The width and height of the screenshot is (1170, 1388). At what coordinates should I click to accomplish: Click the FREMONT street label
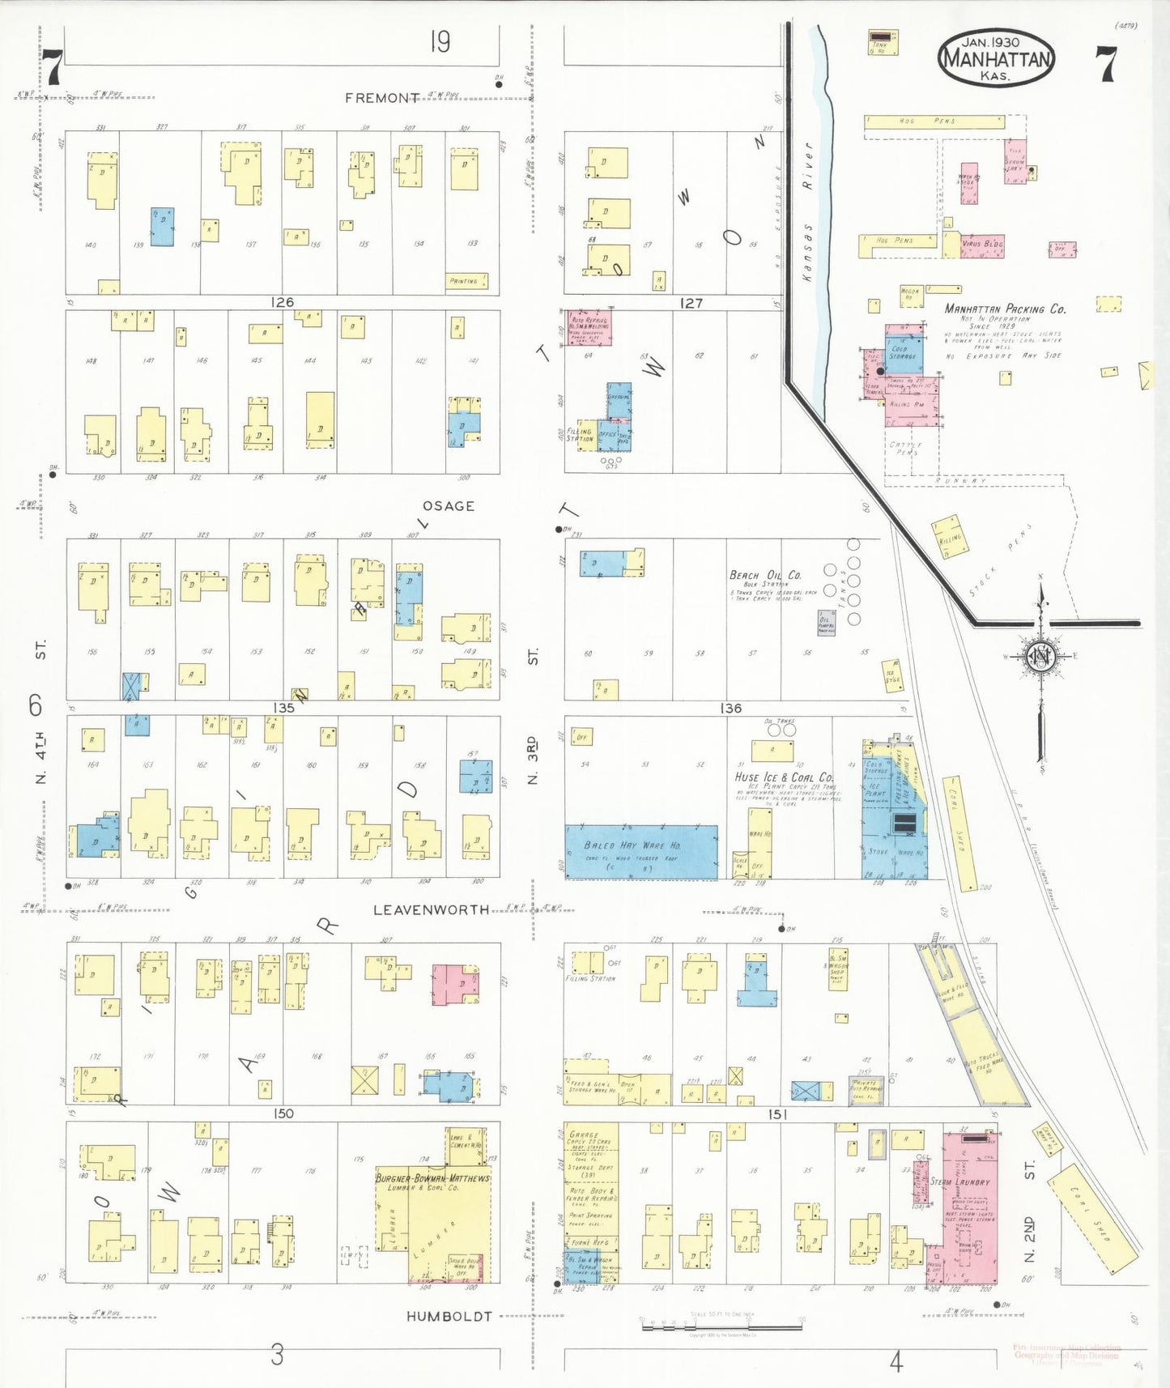click(381, 98)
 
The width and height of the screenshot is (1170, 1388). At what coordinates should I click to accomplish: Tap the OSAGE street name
click(448, 506)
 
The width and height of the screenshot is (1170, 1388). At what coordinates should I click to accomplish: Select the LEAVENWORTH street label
click(431, 910)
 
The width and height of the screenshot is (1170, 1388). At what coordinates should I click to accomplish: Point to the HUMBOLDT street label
click(449, 1317)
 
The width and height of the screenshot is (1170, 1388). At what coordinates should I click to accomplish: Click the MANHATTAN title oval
click(996, 58)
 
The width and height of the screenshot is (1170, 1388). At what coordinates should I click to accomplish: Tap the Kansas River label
click(807, 212)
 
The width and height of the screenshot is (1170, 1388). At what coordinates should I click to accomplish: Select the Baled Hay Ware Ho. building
click(640, 851)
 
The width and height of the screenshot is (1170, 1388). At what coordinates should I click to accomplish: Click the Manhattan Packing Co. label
click(1005, 309)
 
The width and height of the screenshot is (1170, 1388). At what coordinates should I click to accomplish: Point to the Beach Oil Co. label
click(765, 575)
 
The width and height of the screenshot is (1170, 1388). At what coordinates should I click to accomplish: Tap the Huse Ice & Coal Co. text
click(784, 777)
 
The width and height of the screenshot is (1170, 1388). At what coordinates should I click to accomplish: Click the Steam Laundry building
click(968, 1207)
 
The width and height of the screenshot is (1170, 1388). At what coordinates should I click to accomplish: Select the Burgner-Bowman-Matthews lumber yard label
click(432, 1179)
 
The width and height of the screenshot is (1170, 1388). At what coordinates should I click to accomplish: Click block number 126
click(282, 302)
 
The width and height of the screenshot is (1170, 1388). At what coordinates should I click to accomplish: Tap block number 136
click(730, 709)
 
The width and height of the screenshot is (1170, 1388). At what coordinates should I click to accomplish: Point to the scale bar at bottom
click(721, 1327)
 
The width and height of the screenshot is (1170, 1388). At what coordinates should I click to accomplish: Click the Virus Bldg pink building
click(982, 244)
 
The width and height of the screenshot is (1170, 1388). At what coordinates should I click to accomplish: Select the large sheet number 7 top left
click(53, 66)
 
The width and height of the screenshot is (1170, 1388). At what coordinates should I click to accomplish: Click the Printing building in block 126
click(466, 281)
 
